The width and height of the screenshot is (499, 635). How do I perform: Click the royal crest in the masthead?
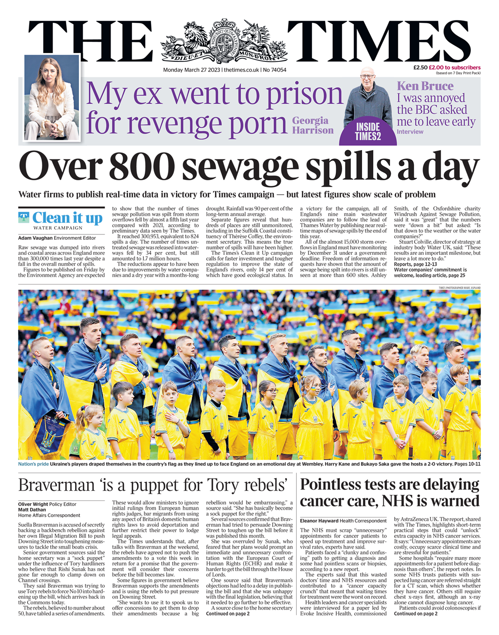224,41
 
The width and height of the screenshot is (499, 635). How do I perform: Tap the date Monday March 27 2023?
191,70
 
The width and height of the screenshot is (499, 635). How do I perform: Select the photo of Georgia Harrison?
51,97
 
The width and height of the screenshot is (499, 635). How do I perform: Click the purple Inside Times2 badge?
368,132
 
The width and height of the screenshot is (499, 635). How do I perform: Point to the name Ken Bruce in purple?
425,86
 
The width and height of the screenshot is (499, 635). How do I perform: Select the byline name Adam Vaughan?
35,238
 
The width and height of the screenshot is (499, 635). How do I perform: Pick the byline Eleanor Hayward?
320,521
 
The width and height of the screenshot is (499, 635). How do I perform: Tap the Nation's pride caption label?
33,464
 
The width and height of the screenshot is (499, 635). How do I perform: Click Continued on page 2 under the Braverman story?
228,614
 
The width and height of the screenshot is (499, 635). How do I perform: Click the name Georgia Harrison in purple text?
312,125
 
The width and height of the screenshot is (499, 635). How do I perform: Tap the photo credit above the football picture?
459,288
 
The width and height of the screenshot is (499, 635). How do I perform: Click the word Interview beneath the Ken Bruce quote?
410,132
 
